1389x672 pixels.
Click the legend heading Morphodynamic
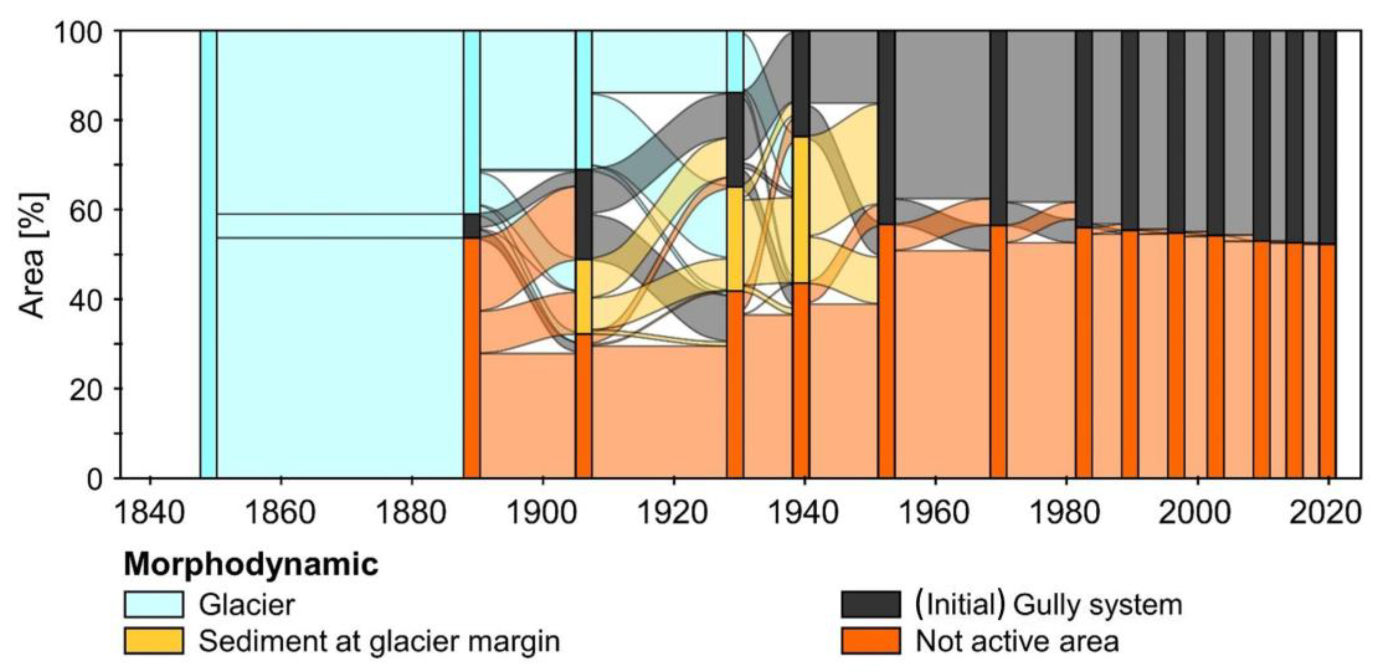[251, 564]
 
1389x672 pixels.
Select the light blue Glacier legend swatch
[154, 604]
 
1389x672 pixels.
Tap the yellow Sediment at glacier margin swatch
[154, 641]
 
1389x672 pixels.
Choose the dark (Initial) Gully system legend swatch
[870, 604]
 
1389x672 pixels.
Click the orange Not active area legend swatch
[870, 641]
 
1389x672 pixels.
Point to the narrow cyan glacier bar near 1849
[208, 254]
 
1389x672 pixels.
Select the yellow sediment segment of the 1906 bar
[583, 297]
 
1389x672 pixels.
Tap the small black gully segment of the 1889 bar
[472, 226]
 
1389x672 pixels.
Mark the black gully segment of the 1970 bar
[998, 128]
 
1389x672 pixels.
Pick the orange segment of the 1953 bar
[886, 350]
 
